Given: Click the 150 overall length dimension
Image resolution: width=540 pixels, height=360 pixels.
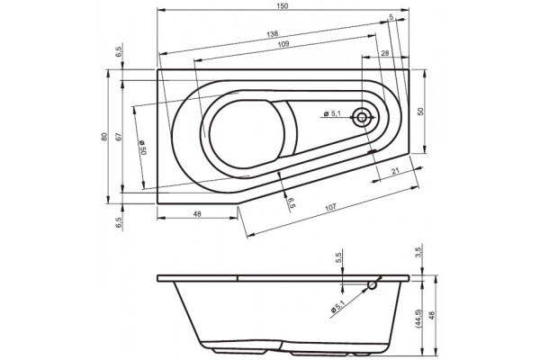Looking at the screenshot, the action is pyautogui.click(x=282, y=6).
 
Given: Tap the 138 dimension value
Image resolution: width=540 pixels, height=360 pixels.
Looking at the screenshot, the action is pyautogui.click(x=272, y=34).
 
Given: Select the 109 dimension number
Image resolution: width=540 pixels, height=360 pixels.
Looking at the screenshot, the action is pyautogui.click(x=283, y=44).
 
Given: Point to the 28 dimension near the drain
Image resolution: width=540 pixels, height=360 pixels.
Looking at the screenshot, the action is pyautogui.click(x=385, y=53).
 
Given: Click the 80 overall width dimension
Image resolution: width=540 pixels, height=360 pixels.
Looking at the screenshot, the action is pyautogui.click(x=104, y=137).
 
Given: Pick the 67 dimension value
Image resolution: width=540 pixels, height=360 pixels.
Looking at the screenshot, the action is pyautogui.click(x=118, y=137).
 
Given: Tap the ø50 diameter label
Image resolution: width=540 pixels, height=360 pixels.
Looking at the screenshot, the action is pyautogui.click(x=143, y=148).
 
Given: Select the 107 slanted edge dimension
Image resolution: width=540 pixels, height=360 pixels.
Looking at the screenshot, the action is pyautogui.click(x=330, y=207).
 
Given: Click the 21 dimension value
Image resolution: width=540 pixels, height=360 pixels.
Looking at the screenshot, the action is pyautogui.click(x=396, y=171).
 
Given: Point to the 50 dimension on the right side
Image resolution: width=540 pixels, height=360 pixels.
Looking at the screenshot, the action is pyautogui.click(x=419, y=112).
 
